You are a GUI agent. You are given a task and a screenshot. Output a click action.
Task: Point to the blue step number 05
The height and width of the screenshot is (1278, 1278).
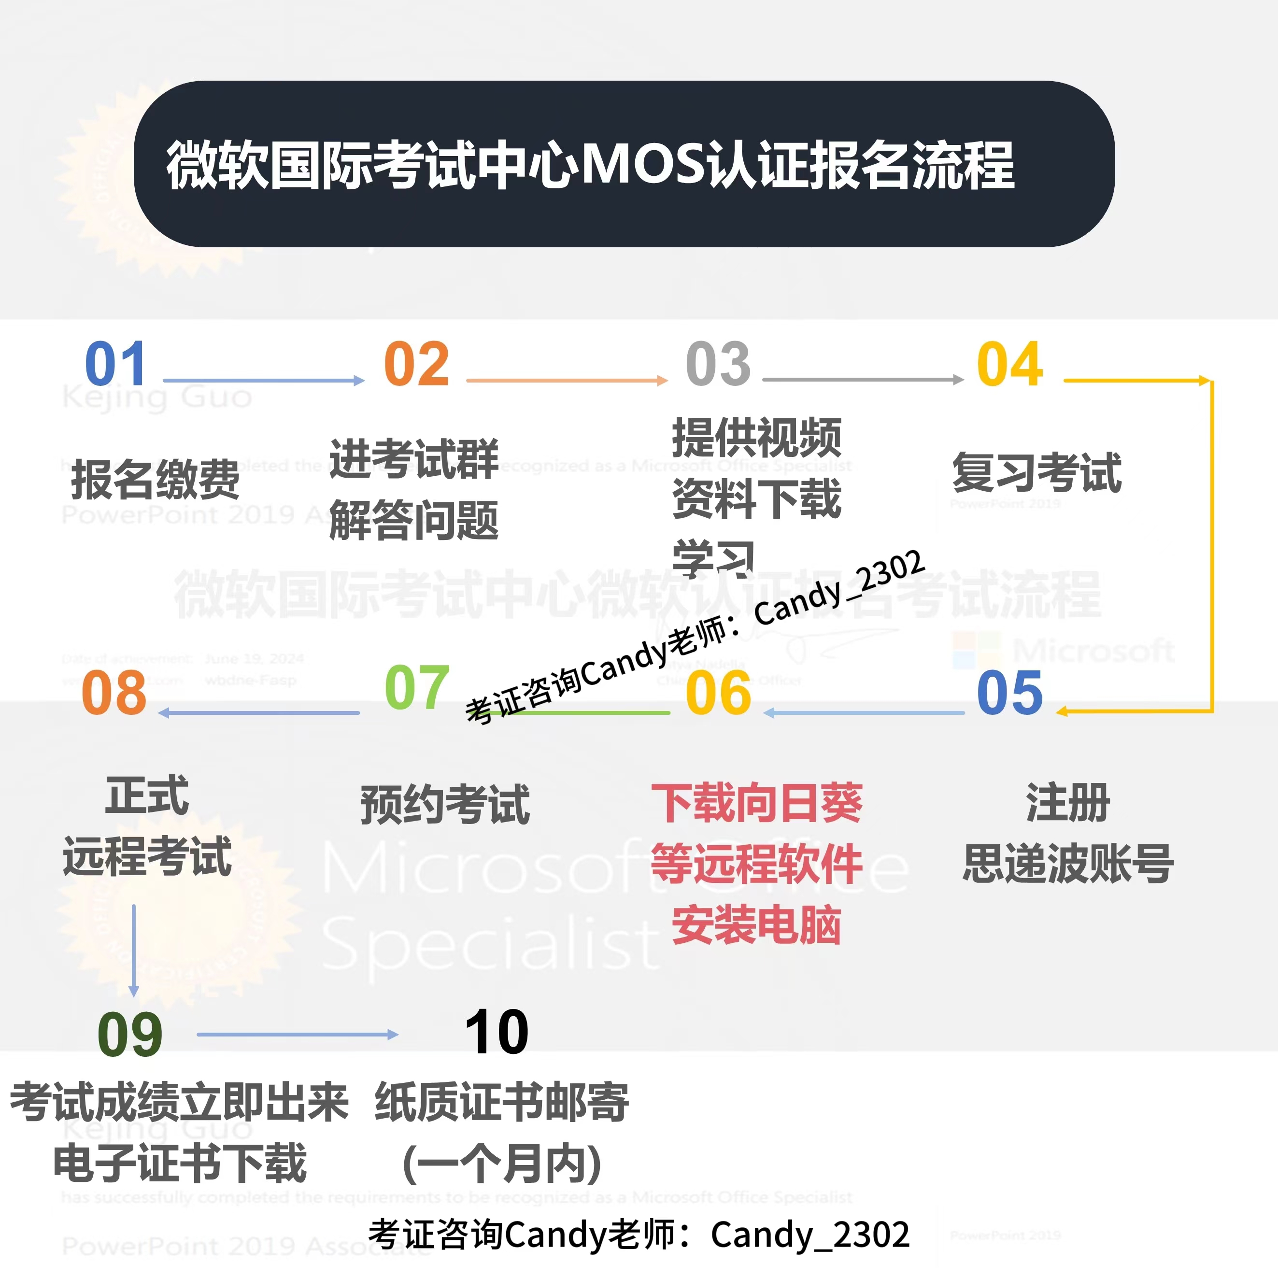[1010, 693]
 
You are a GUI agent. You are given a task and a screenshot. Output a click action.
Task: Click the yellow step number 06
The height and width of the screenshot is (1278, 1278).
[718, 693]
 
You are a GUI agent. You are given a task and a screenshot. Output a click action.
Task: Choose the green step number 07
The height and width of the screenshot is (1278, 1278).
[417, 687]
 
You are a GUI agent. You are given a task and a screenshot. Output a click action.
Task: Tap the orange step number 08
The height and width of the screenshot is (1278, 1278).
[114, 693]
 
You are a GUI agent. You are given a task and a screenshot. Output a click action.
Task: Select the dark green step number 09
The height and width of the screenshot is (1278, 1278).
[129, 1035]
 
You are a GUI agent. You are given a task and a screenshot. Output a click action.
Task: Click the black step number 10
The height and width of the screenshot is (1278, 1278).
[497, 1032]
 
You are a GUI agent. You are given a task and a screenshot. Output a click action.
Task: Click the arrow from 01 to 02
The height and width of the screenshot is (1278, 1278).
[263, 381]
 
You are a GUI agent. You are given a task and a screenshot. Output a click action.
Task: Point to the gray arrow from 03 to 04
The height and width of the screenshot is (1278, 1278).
[863, 380]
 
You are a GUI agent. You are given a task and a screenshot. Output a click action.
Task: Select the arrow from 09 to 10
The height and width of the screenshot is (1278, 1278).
[297, 1034]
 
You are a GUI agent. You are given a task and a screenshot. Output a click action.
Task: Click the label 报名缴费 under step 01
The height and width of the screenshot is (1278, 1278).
[156, 480]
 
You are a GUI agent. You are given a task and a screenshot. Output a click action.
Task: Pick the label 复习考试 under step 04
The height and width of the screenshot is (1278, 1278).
[1037, 472]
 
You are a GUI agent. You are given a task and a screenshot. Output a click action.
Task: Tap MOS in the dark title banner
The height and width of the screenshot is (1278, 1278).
[643, 165]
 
